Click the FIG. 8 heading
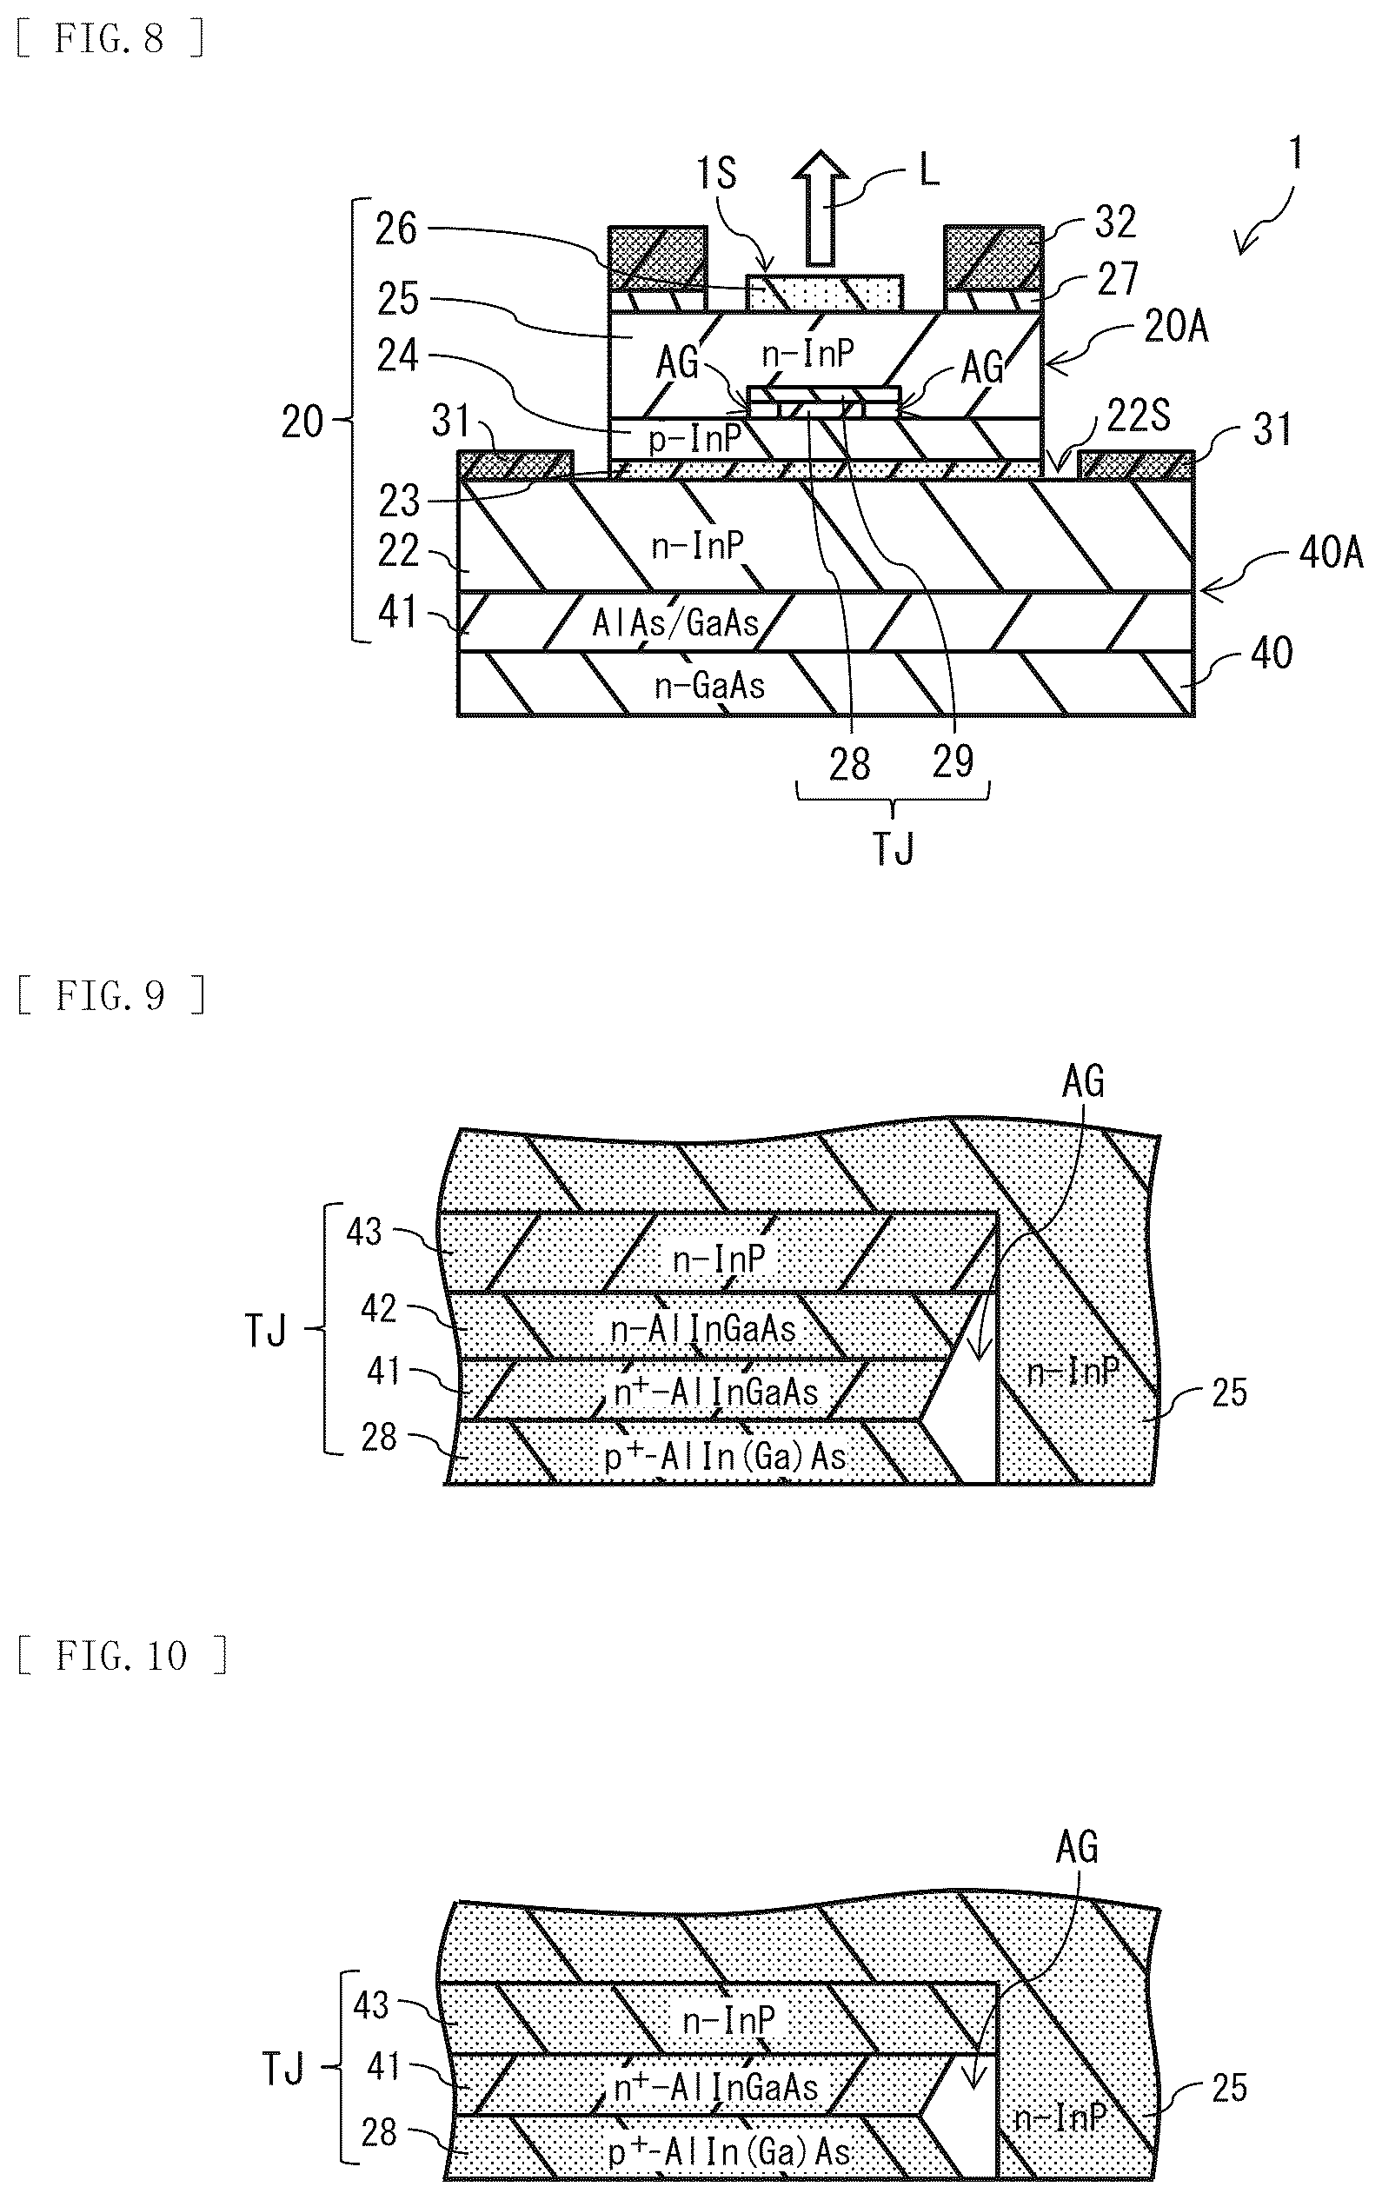point(110,39)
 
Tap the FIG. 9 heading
point(110,995)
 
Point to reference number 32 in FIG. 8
point(1114,222)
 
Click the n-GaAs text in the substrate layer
point(710,685)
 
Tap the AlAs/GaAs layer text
point(676,622)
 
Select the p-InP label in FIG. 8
point(694,439)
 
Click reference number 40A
point(1331,553)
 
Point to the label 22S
point(1139,416)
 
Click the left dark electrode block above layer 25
point(658,257)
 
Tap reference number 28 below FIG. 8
point(849,764)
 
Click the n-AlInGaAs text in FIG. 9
point(703,1328)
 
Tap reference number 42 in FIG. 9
point(378,1308)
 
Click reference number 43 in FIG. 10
point(371,2004)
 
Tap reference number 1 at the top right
point(1294,153)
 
